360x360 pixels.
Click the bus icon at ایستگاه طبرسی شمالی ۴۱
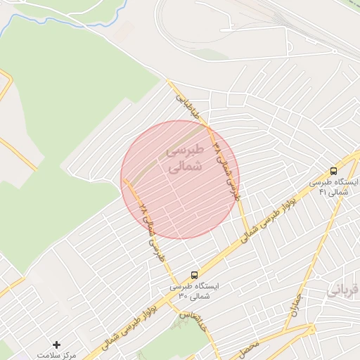pyautogui.click(x=333, y=170)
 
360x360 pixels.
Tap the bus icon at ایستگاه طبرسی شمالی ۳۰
pyautogui.click(x=194, y=274)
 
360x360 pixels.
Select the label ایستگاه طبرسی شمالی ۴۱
pyautogui.click(x=334, y=186)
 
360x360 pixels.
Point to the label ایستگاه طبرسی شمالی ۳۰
pyautogui.click(x=195, y=290)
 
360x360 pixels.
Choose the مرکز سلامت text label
pyautogui.click(x=57, y=356)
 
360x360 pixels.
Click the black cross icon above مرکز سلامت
pyautogui.click(x=57, y=344)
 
